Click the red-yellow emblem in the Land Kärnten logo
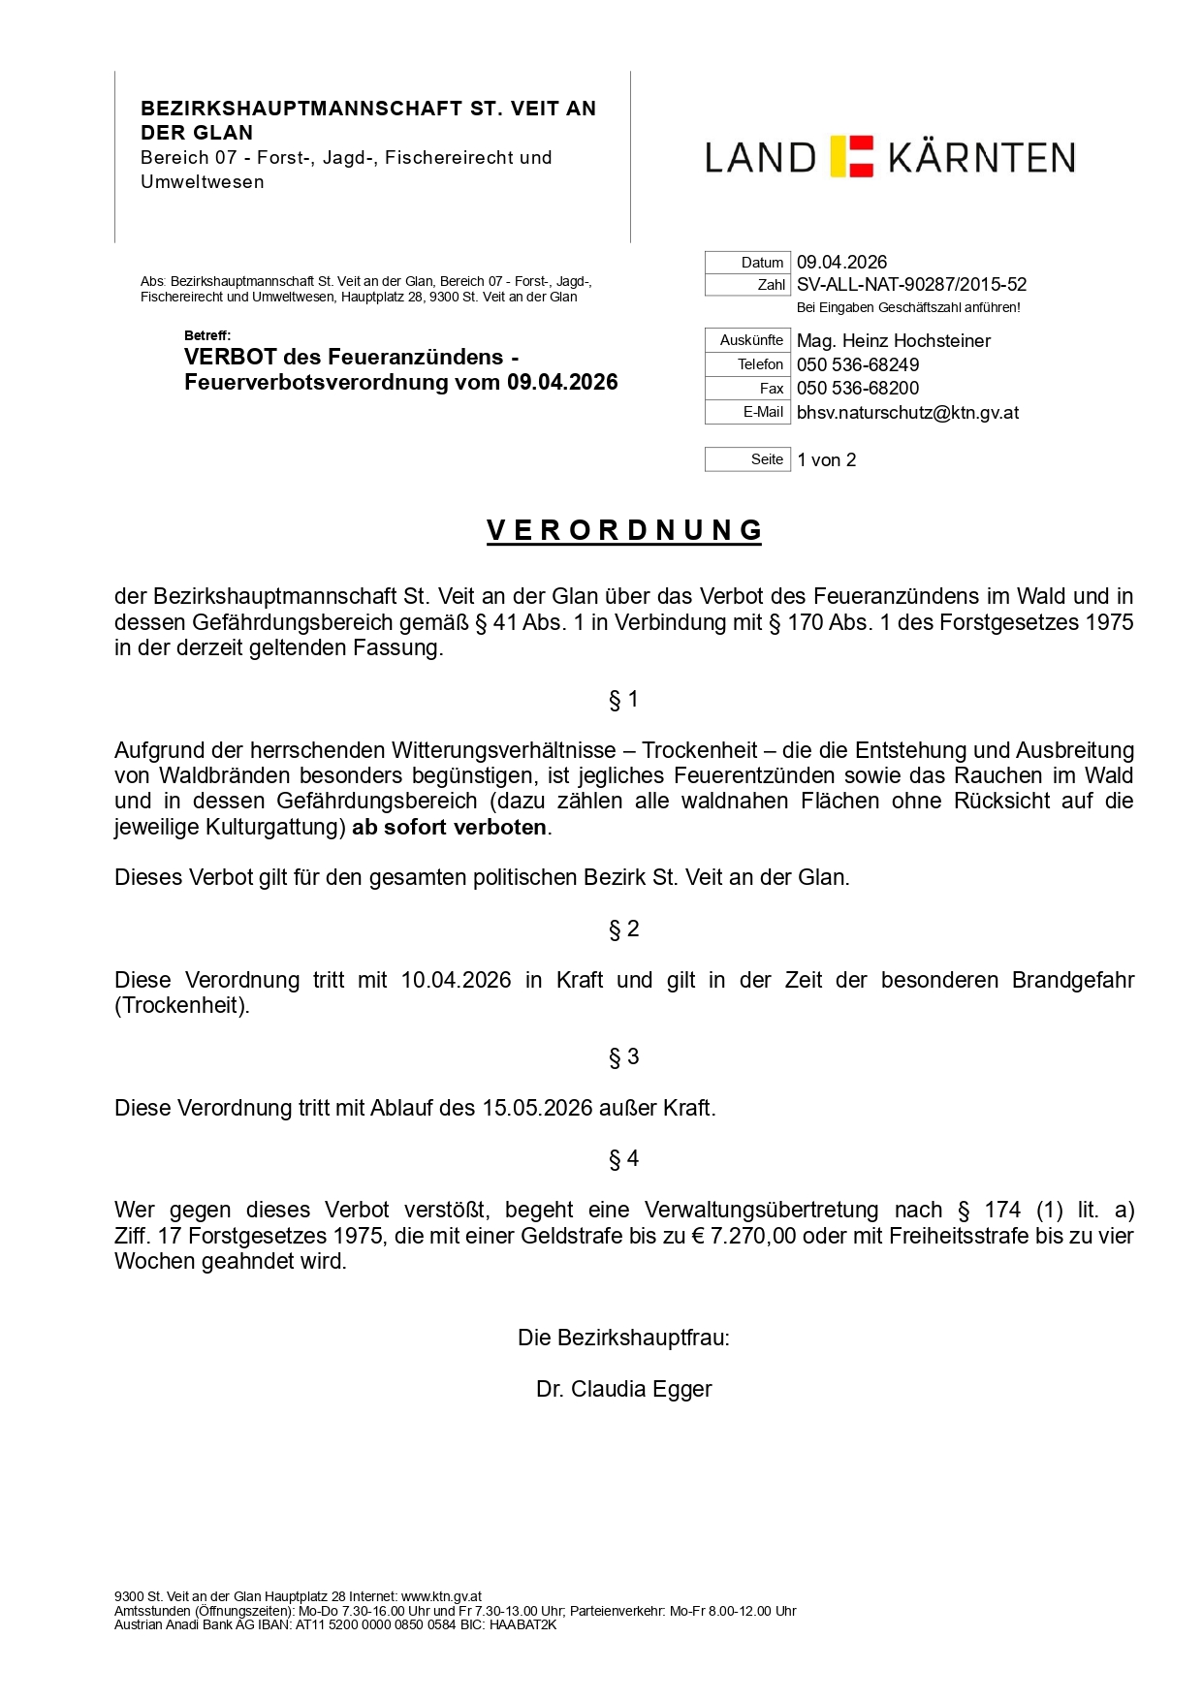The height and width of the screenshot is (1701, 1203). coord(852,157)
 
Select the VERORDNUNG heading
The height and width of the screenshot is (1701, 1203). coord(624,530)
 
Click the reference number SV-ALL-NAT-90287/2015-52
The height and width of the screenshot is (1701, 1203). coord(911,285)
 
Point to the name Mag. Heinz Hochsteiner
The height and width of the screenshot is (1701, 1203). coord(893,341)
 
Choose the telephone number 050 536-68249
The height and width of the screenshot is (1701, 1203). coord(858,365)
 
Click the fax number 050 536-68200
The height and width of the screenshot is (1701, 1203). coord(858,389)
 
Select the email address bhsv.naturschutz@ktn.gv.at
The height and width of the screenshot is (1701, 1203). coord(907,413)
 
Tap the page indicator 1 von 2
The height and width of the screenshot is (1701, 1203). coord(827,460)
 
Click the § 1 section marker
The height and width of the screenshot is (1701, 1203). coord(623,700)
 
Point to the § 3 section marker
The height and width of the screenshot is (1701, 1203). coord(623,1057)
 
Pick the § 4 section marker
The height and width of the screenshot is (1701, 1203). coord(623,1159)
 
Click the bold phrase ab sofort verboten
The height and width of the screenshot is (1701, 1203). coord(449,828)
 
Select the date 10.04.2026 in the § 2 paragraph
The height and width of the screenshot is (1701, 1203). coord(456,980)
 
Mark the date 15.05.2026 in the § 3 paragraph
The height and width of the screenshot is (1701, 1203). coord(537,1108)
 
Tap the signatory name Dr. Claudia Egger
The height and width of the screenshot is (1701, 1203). coord(623,1389)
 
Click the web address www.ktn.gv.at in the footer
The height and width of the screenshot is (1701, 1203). coord(441,1596)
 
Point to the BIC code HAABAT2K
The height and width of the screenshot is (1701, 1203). coord(522,1625)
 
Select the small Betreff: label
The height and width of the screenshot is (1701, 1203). coord(207,336)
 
